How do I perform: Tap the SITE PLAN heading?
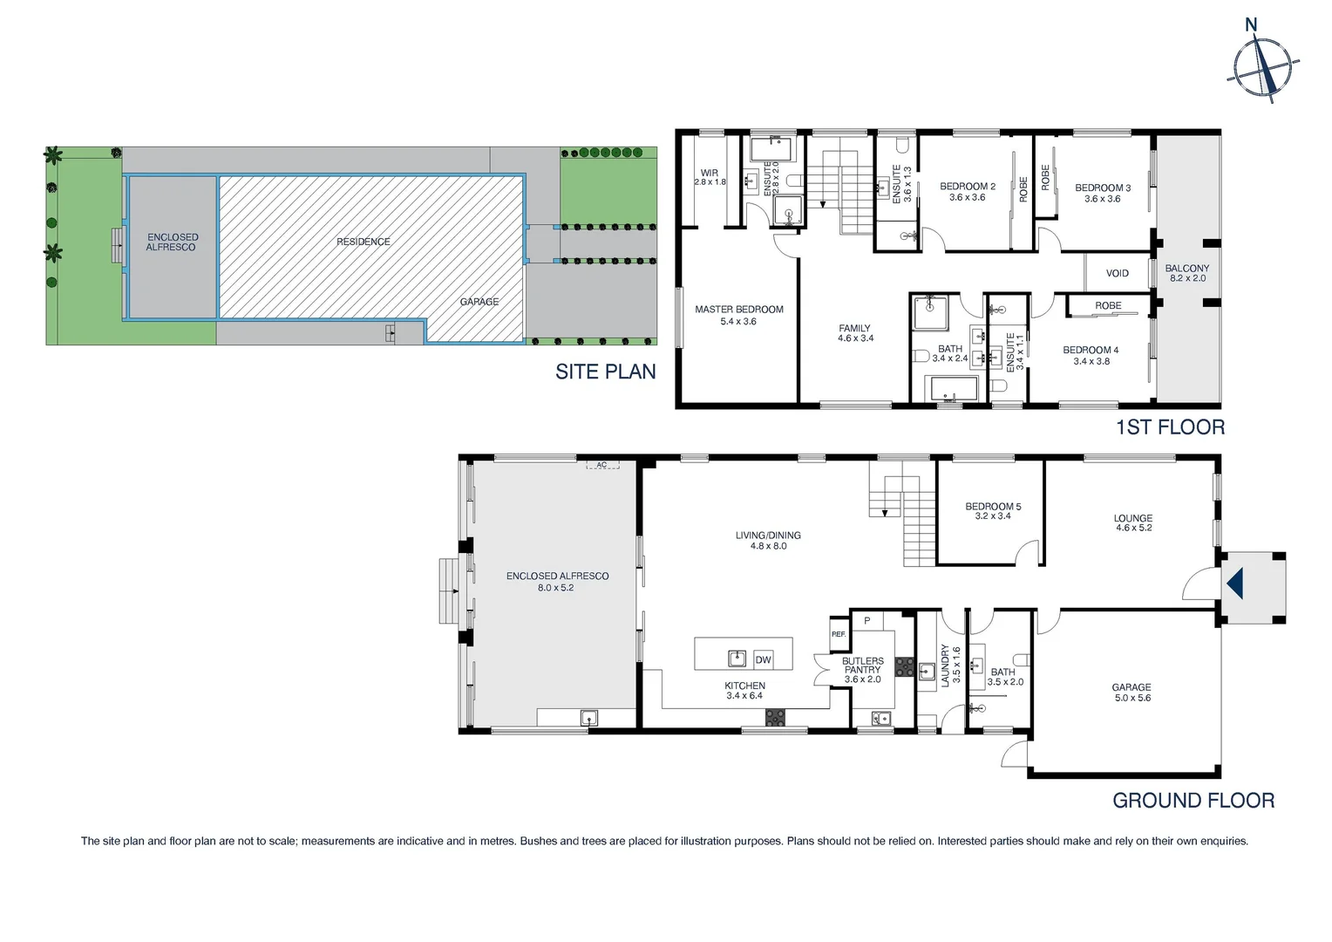click(605, 372)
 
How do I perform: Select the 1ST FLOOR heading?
click(1170, 427)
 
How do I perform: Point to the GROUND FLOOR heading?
click(1193, 801)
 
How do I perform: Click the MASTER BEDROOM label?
click(738, 315)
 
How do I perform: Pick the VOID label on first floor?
click(1117, 274)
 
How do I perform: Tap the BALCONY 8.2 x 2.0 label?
click(1186, 273)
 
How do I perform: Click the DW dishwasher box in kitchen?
click(763, 660)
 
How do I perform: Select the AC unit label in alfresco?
click(601, 465)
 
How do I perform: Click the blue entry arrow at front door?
click(1234, 584)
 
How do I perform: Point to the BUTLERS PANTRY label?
click(862, 670)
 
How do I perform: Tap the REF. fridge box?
click(838, 634)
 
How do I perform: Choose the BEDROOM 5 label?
click(992, 511)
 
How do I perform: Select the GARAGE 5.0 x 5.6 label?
click(1132, 693)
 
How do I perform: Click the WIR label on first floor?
click(710, 177)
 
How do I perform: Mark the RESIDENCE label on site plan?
click(364, 242)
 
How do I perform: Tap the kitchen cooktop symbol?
click(774, 717)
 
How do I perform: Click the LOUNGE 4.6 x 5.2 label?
click(1132, 522)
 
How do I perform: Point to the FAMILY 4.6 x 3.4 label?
click(854, 333)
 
